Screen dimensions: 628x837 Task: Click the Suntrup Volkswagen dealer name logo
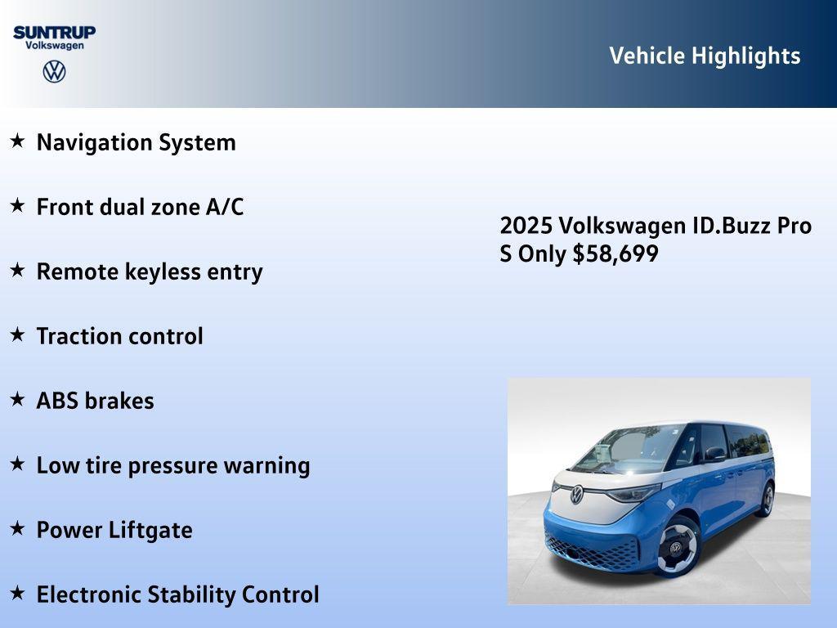tap(54, 38)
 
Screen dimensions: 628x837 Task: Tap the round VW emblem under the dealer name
tap(54, 72)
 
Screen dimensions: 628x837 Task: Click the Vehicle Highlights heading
tap(705, 56)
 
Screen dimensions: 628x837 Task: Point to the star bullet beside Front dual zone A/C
tap(17, 206)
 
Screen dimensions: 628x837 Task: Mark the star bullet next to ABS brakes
tap(17, 400)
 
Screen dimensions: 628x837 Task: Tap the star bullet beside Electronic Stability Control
tap(17, 594)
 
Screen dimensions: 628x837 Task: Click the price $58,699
tap(615, 253)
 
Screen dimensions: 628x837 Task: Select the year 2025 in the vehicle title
tap(526, 226)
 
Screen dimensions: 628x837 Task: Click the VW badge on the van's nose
tap(577, 494)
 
